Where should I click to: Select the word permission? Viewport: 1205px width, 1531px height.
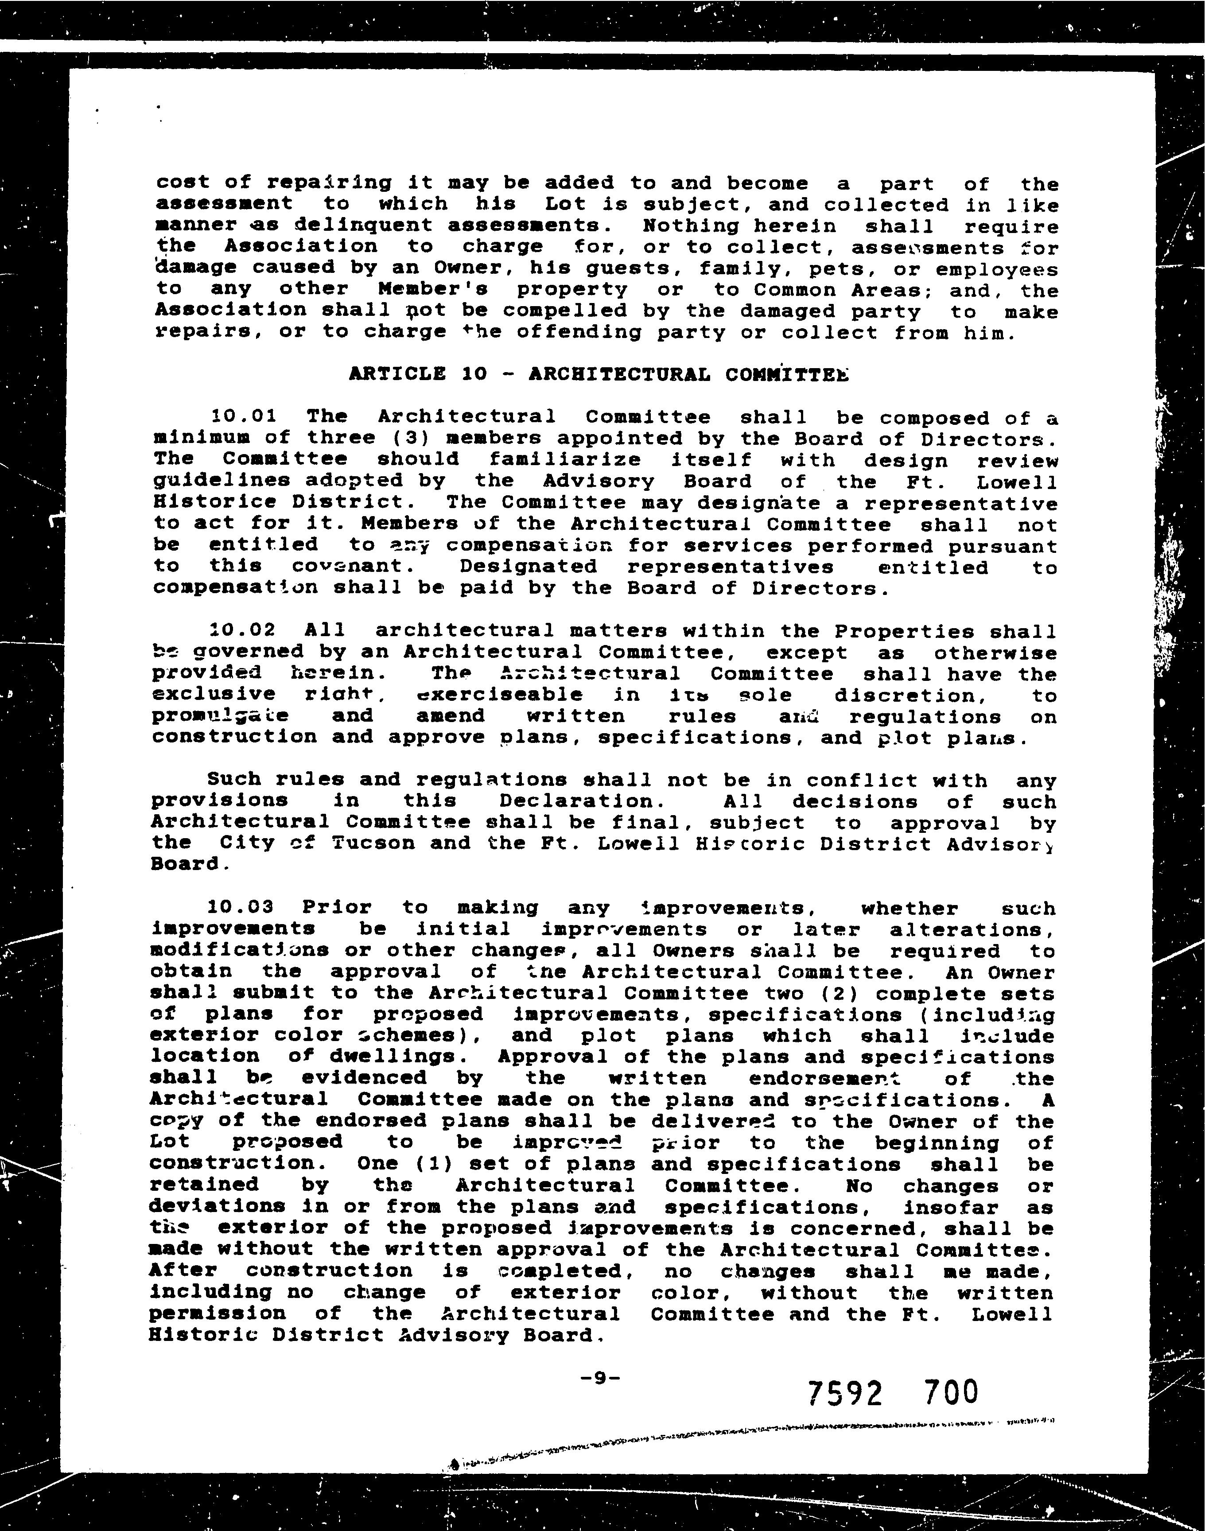(x=218, y=1313)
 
